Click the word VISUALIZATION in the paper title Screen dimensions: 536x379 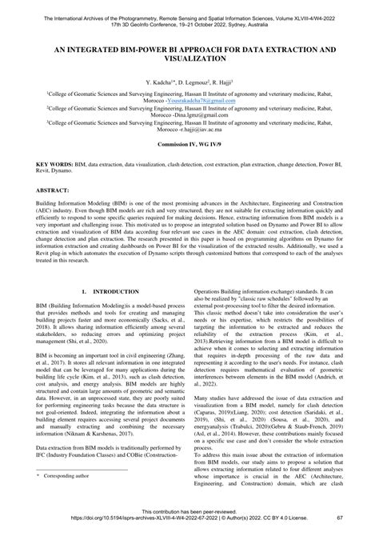[189, 59]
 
